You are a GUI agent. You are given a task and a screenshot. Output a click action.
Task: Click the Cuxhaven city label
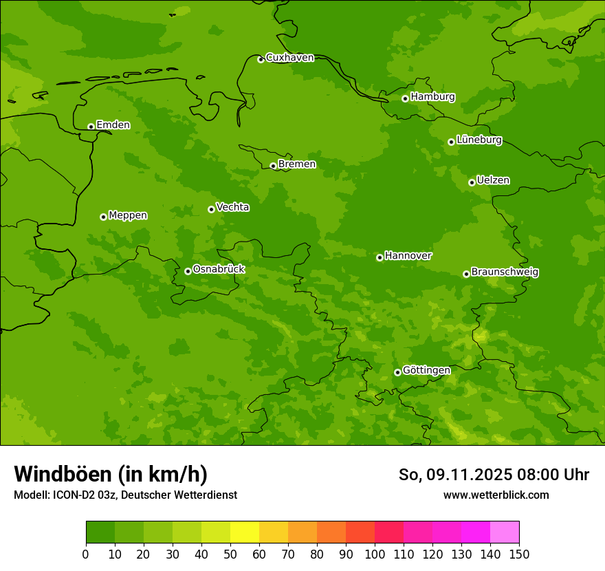289,58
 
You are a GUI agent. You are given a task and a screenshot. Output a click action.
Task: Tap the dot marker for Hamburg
405,98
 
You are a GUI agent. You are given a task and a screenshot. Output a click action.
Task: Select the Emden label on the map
113,125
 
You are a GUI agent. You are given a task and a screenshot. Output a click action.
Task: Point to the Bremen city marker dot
273,166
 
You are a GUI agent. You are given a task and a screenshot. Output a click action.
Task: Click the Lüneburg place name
478,140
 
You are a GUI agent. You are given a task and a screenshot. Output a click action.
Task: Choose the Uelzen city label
493,180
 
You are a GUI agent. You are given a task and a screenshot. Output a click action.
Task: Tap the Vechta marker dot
211,209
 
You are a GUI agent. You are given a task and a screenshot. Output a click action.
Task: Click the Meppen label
128,215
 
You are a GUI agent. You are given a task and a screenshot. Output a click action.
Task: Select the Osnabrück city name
219,269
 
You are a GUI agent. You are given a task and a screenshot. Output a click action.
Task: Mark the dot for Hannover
379,257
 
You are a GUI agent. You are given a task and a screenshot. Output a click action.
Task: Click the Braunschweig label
505,272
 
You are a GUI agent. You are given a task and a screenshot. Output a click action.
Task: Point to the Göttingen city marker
397,372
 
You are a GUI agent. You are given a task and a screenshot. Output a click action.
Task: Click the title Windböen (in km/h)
111,474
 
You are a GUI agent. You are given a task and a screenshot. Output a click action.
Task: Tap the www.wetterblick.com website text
496,495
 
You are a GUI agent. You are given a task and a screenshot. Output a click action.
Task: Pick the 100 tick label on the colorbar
375,554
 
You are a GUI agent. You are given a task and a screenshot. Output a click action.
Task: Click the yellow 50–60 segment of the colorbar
245,532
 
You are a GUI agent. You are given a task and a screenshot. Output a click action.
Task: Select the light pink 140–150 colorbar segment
505,532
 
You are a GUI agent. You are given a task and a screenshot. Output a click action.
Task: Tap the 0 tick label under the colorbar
86,554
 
